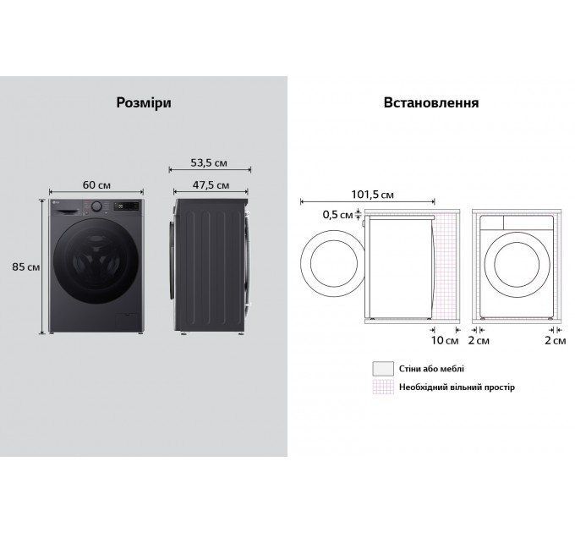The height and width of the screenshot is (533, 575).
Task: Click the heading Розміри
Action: pyautogui.click(x=144, y=102)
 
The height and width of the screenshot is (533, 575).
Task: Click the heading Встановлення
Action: pyautogui.click(x=431, y=102)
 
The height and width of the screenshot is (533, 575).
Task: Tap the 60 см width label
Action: pyautogui.click(x=96, y=185)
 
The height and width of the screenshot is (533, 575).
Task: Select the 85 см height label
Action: pyautogui.click(x=25, y=266)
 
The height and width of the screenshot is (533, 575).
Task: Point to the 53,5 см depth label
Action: pyautogui.click(x=209, y=163)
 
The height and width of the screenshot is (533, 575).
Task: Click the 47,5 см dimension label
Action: pyautogui.click(x=211, y=185)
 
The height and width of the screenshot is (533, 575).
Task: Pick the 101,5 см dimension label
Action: pyautogui.click(x=373, y=195)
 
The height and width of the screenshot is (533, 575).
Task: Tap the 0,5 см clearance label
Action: pyautogui.click(x=337, y=215)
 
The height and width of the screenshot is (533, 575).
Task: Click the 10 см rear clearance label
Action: pyautogui.click(x=445, y=340)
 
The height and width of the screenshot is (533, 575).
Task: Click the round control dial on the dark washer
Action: pyautogui.click(x=96, y=206)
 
